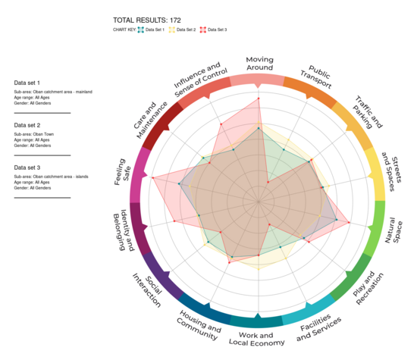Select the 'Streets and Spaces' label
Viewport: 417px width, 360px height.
393,164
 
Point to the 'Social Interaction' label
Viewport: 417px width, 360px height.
149,288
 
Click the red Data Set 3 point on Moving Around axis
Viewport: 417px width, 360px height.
259,97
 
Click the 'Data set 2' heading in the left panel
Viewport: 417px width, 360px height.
27,125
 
